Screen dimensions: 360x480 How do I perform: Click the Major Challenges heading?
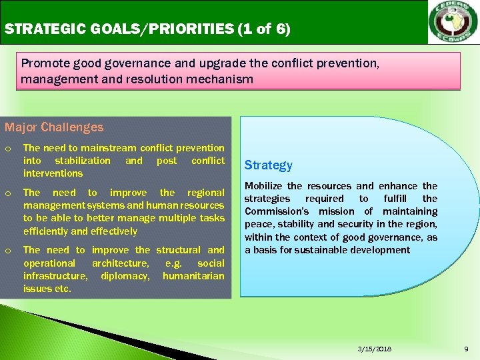54,127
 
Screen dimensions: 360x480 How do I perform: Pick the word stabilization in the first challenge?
83,161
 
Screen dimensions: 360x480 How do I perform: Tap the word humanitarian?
193,276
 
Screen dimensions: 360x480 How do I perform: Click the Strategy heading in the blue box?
268,165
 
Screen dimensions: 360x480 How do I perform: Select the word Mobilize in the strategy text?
263,186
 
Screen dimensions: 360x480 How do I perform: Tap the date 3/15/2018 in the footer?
374,349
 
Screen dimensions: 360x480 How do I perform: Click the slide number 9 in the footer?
466,349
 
